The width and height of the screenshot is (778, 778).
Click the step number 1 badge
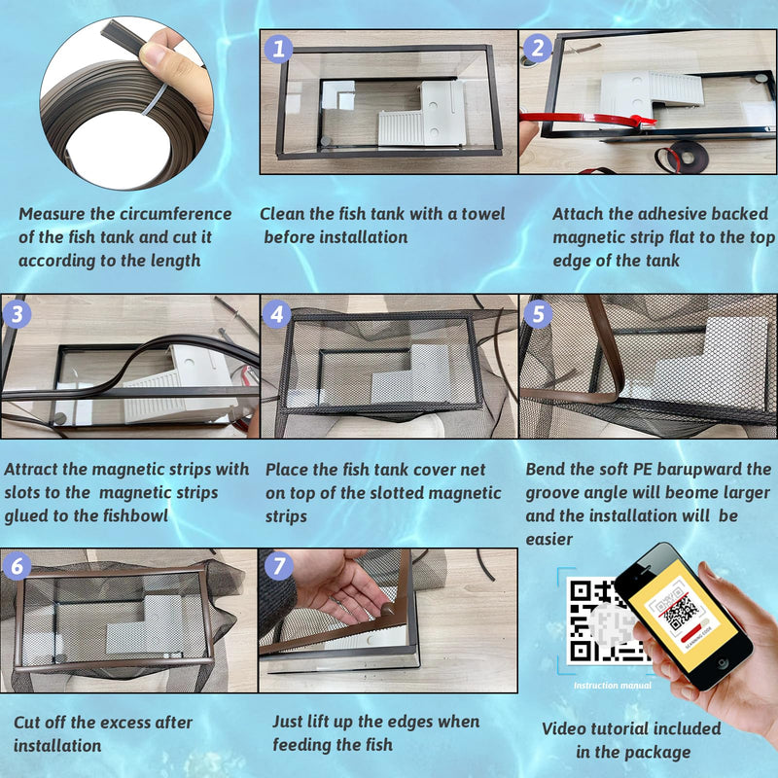278,49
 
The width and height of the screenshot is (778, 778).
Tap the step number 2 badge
538,48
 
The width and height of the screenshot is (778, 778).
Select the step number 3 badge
18,313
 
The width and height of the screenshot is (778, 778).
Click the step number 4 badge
277,314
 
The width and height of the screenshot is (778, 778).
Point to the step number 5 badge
538,313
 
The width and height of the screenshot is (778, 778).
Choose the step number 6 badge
18,566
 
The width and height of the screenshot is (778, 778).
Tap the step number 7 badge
279,566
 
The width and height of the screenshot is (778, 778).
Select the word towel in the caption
482,214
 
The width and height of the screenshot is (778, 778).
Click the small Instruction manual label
613,686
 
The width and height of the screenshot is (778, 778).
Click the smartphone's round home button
723,663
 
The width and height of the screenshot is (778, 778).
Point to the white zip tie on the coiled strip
158,99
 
